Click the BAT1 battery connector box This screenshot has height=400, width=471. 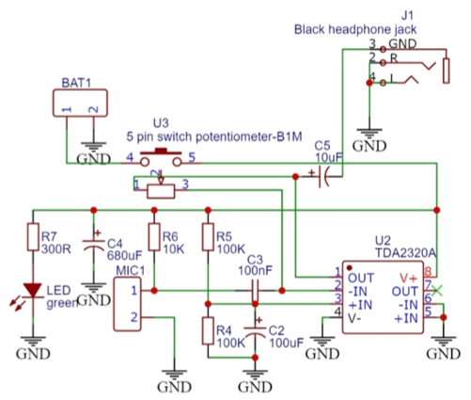coord(79,109)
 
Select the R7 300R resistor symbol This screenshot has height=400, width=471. coord(34,239)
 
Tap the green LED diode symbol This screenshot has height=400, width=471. coord(34,291)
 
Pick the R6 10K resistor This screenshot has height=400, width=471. coord(151,239)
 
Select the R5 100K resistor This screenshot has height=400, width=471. coord(206,239)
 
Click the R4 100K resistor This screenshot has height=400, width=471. coord(206,331)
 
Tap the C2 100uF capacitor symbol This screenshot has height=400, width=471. coord(254,333)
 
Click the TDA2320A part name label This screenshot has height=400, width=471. coord(403,252)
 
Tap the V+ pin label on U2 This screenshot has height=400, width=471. coord(409,279)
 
